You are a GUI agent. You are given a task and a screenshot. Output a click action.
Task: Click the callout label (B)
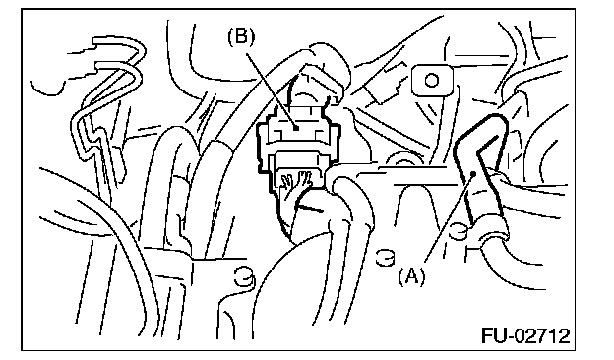click(241, 37)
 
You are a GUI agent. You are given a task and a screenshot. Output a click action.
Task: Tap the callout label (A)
click(411, 276)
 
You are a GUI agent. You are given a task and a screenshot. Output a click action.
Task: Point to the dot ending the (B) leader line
click(296, 128)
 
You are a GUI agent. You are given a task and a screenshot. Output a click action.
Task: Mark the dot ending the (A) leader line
click(474, 172)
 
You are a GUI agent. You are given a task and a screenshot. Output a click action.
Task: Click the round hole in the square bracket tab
click(432, 81)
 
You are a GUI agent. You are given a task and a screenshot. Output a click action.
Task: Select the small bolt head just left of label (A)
click(386, 258)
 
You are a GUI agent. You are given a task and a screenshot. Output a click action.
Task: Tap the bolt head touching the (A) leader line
click(459, 231)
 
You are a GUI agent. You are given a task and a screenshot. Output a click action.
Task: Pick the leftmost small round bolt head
click(244, 276)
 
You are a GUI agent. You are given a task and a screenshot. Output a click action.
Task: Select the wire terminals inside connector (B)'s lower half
click(295, 180)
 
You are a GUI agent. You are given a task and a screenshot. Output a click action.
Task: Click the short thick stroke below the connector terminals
click(309, 208)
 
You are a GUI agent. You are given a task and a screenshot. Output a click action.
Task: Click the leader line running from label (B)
click(272, 90)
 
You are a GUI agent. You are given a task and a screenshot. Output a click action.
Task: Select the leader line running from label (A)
click(450, 216)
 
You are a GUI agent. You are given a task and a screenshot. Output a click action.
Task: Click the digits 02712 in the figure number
click(543, 336)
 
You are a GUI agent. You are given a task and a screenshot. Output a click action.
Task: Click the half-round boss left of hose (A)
click(403, 158)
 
